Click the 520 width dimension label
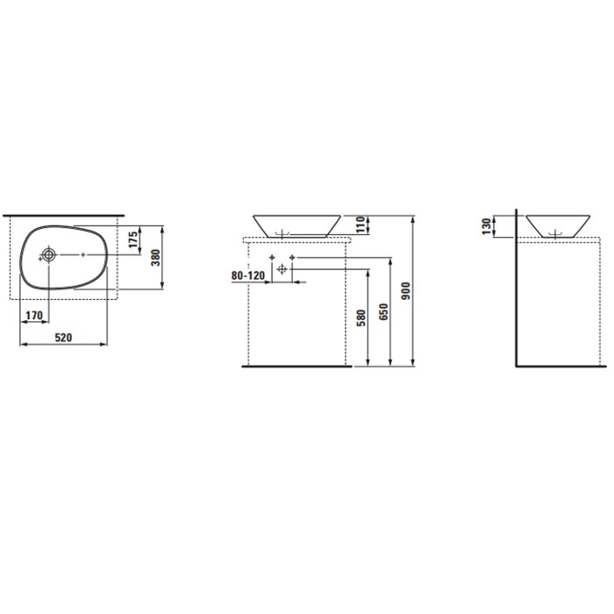tap(63, 337)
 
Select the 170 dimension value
tap(34, 315)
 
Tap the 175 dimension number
tap(133, 239)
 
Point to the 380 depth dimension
tap(156, 258)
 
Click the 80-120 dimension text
tap(248, 275)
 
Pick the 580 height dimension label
tap(361, 318)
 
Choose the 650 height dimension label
tap(384, 311)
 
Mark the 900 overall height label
tap(406, 291)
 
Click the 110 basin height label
tap(361, 225)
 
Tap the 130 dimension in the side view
tap(486, 226)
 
